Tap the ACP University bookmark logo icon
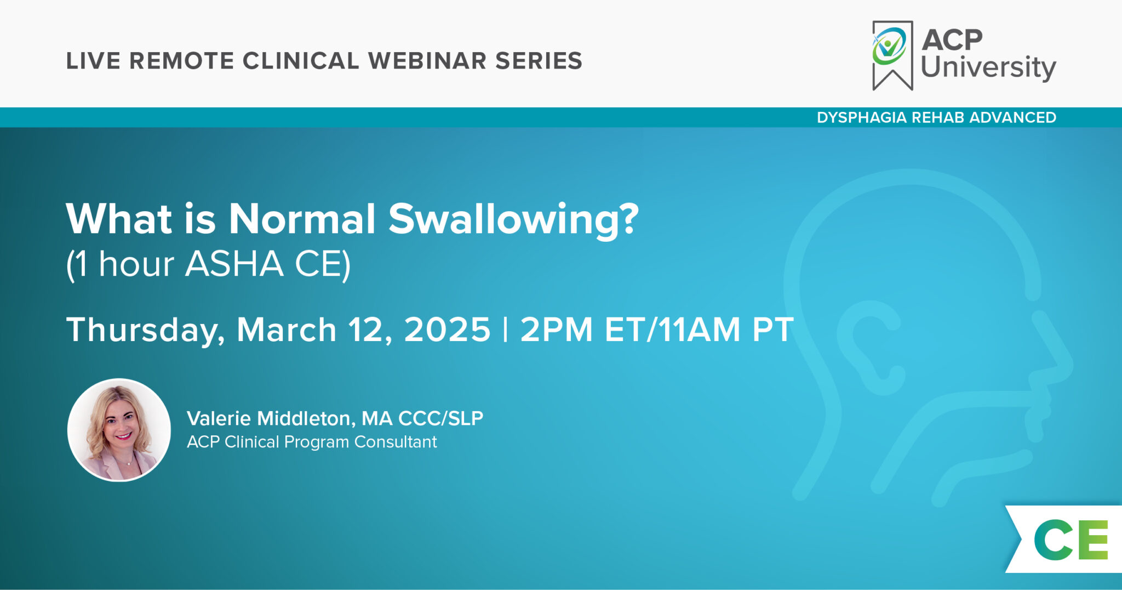click(x=892, y=55)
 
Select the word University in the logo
click(x=988, y=67)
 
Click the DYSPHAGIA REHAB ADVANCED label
click(x=936, y=117)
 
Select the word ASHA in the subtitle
click(x=234, y=264)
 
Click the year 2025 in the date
click(x=447, y=330)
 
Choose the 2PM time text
click(x=556, y=330)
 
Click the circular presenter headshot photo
click(x=119, y=430)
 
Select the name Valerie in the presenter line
click(x=219, y=418)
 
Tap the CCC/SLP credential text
click(x=440, y=418)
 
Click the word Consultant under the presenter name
click(x=396, y=442)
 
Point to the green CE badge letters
click(x=1071, y=540)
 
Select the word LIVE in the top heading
click(x=93, y=61)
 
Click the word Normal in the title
click(x=302, y=219)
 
